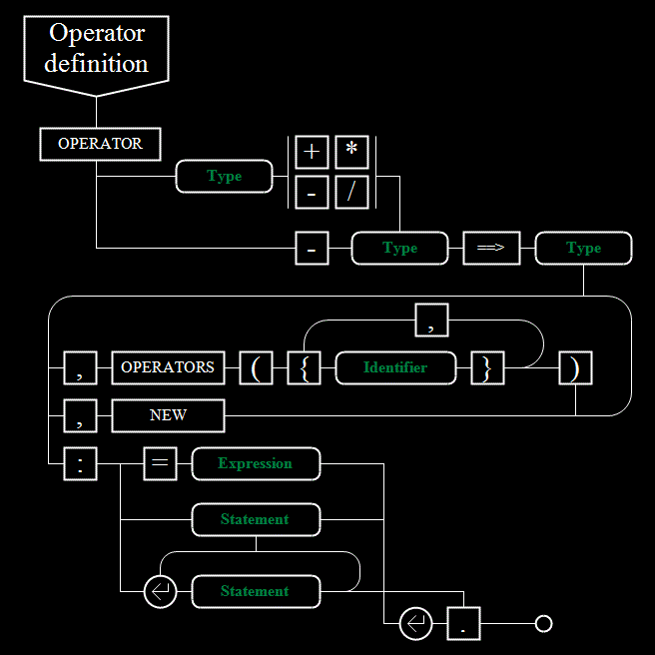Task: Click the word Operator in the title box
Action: pyautogui.click(x=97, y=33)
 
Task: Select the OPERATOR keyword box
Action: pyautogui.click(x=100, y=144)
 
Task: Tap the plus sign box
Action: pyautogui.click(x=312, y=152)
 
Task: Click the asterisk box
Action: pyautogui.click(x=351, y=152)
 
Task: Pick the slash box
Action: pyautogui.click(x=351, y=192)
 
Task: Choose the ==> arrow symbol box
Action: pyautogui.click(x=491, y=249)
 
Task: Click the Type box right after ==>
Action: pyautogui.click(x=583, y=249)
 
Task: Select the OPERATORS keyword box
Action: pyautogui.click(x=168, y=368)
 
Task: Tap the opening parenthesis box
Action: pyautogui.click(x=256, y=368)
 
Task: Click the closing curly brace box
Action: pyautogui.click(x=487, y=368)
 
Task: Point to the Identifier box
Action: pyautogui.click(x=395, y=368)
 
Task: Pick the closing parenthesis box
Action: pyautogui.click(x=576, y=368)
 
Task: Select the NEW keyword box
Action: pyautogui.click(x=168, y=416)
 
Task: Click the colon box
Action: pyautogui.click(x=80, y=464)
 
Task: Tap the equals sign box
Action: pyautogui.click(x=160, y=464)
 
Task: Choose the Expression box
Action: pyautogui.click(x=256, y=464)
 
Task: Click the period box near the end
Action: pyautogui.click(x=463, y=624)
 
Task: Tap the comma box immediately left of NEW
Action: pyautogui.click(x=80, y=416)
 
